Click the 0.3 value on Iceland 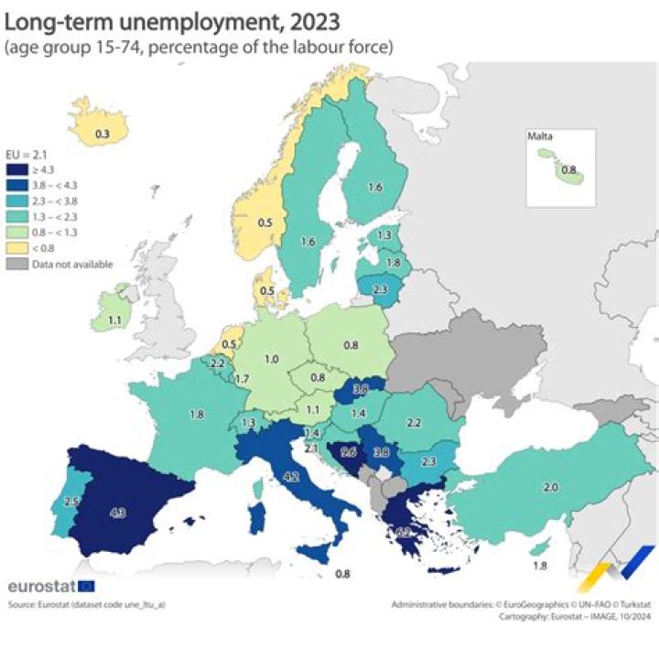pos(103,135)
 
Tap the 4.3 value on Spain pos(117,513)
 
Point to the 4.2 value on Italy pos(291,476)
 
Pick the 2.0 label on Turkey pos(551,488)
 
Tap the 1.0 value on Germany pos(271,360)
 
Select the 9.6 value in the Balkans pos(348,451)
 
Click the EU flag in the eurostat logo pos(86,586)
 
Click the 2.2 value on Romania pos(413,423)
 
